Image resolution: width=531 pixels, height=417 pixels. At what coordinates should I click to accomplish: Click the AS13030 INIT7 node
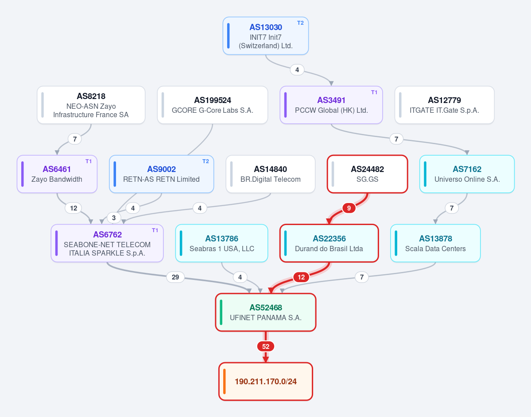[266, 36]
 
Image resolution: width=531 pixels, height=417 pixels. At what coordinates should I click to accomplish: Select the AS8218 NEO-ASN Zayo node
[91, 105]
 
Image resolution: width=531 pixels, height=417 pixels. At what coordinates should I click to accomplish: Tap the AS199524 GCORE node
[212, 105]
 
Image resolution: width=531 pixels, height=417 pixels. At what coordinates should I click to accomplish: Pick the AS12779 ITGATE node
[444, 105]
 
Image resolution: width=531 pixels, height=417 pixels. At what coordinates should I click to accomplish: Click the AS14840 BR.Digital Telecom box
[270, 174]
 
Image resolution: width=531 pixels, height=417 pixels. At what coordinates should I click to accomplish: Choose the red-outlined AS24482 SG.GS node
[368, 174]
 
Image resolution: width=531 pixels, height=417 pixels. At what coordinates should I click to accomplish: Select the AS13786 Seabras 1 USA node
[221, 243]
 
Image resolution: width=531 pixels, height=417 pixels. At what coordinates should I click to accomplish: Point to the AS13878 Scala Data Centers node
[435, 243]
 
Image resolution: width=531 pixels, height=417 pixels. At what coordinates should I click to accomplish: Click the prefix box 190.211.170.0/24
[266, 382]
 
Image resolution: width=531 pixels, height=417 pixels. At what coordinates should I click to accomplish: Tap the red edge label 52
[266, 346]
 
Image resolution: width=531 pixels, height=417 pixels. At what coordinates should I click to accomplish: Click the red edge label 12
[301, 277]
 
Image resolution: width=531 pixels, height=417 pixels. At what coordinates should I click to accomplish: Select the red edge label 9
[349, 208]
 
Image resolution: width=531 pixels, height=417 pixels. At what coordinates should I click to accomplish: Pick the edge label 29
[175, 277]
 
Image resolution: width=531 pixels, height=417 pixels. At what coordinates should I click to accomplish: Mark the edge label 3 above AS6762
[114, 218]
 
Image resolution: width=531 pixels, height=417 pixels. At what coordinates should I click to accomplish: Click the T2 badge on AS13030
[300, 23]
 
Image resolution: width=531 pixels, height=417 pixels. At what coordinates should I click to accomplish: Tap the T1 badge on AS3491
[374, 92]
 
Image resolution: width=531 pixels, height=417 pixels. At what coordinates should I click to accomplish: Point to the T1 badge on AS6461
[89, 161]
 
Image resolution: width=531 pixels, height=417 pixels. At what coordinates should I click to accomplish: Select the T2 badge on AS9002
[205, 161]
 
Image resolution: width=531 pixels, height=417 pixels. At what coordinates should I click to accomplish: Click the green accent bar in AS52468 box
[221, 312]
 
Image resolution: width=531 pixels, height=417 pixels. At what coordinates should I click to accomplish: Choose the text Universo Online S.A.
[467, 179]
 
